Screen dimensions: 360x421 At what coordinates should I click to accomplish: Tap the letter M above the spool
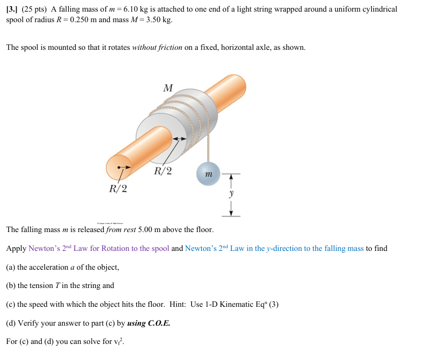168,88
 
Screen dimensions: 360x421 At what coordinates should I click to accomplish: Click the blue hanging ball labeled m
208,174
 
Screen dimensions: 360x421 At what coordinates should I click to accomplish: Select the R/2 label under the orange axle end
118,189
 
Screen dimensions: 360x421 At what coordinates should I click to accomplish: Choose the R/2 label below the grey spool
163,171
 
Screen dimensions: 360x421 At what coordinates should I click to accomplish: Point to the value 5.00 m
148,229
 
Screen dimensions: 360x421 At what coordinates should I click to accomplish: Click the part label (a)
11,267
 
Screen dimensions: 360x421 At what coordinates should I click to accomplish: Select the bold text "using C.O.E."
148,323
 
